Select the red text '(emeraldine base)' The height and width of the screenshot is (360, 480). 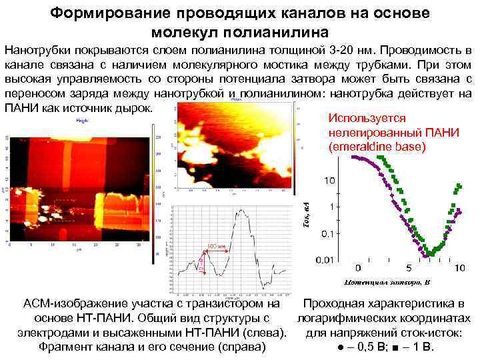(377, 147)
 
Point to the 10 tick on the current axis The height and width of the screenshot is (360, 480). (329, 180)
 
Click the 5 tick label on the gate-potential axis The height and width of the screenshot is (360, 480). (359, 267)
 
